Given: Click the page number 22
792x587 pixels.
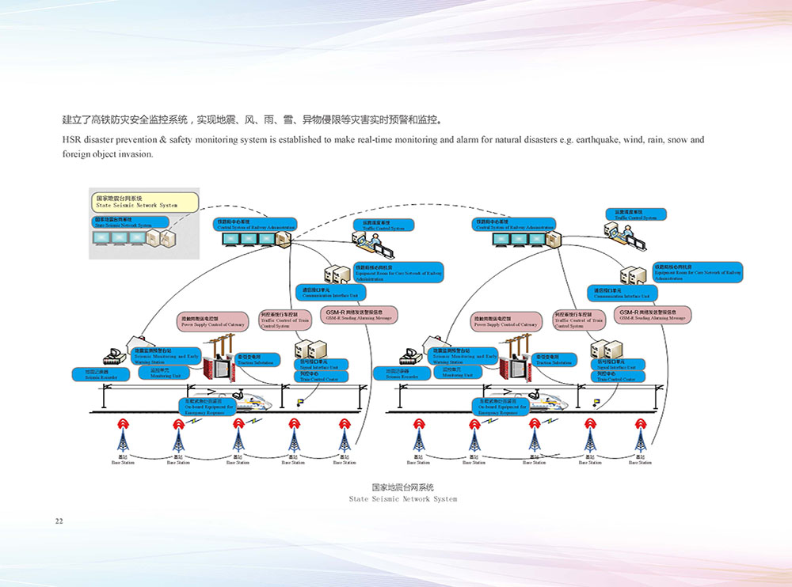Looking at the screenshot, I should pos(59,521).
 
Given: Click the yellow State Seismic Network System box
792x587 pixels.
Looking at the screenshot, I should pos(145,201).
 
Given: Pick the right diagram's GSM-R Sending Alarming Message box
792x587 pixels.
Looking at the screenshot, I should pos(652,314).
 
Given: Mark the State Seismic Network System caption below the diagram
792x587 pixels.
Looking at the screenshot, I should pos(402,493).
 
